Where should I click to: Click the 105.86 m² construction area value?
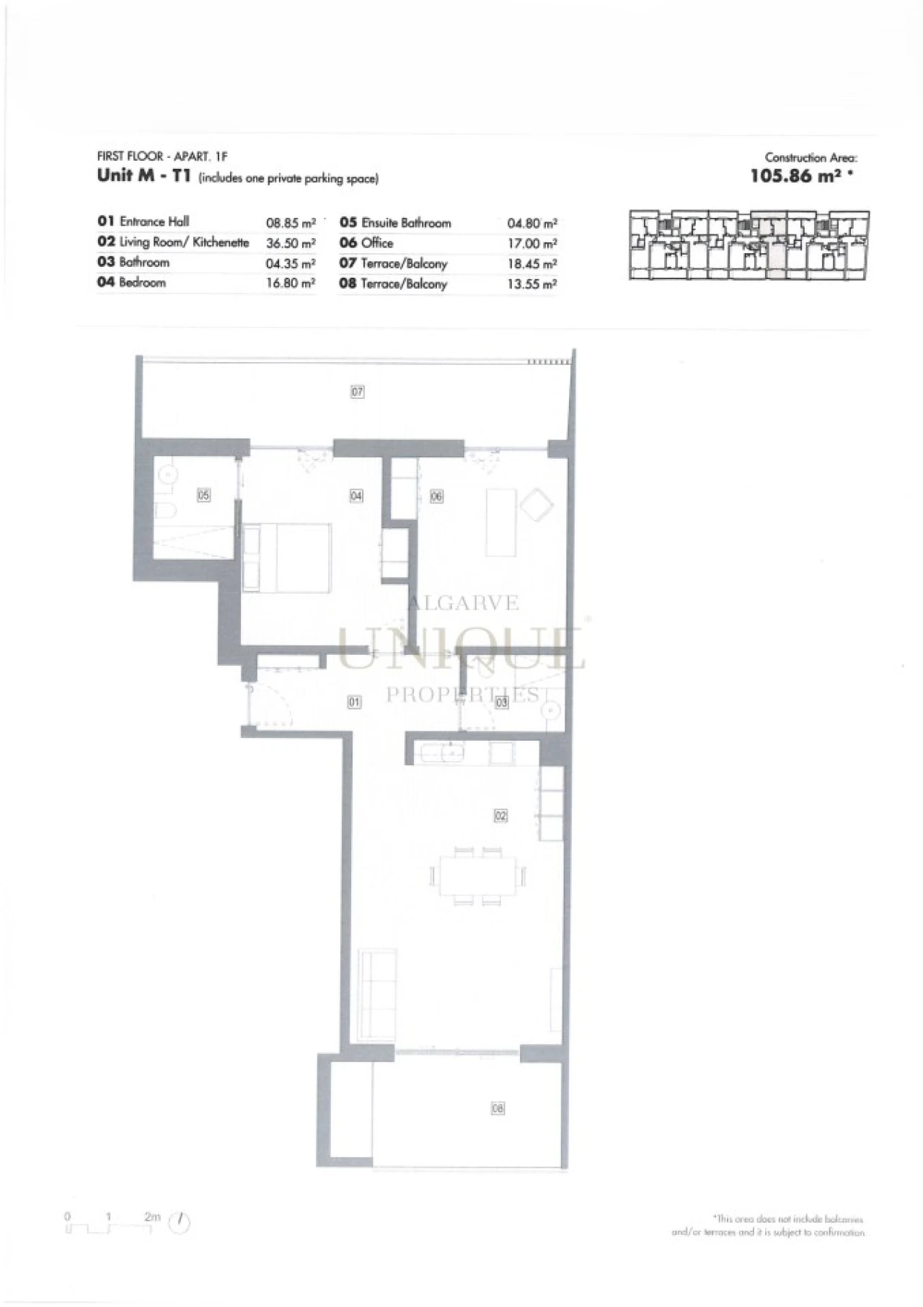tap(796, 176)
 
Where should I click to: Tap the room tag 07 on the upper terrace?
tap(357, 392)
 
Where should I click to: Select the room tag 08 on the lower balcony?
tap(498, 1108)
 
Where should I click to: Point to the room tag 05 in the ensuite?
tap(204, 495)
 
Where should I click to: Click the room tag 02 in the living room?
tap(500, 815)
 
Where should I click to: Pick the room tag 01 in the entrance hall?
tap(354, 701)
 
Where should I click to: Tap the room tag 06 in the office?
tap(436, 496)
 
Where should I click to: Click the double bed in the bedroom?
tap(287, 558)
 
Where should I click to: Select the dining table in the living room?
tap(480, 876)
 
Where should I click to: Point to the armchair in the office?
tap(536, 504)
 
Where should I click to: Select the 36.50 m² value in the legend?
tap(291, 243)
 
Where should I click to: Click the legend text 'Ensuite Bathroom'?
tap(406, 223)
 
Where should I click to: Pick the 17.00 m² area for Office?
tap(532, 244)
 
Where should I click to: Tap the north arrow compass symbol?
tap(180, 1223)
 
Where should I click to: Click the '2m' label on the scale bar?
tap(152, 1216)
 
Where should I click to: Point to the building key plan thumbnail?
tap(748, 245)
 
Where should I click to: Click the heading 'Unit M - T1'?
tap(143, 176)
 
